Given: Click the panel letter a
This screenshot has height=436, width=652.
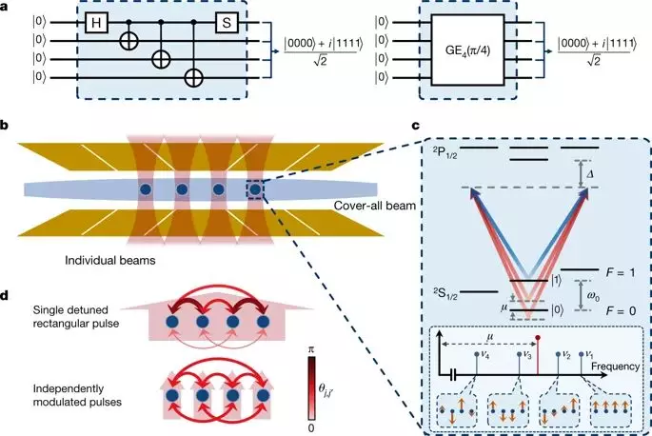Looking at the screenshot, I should tap(6, 6).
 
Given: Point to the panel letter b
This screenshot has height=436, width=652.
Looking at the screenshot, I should tap(6, 126).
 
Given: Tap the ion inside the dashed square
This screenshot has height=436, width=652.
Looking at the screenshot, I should tap(255, 190).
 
